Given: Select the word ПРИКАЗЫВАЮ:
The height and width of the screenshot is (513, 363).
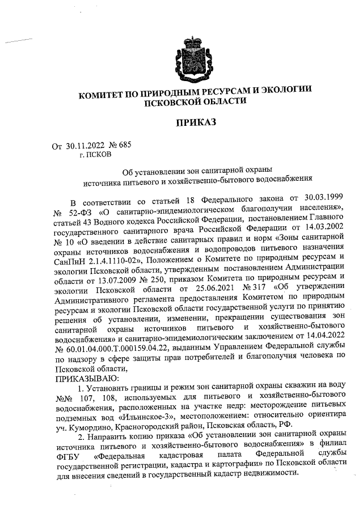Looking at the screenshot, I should [x=86, y=375].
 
